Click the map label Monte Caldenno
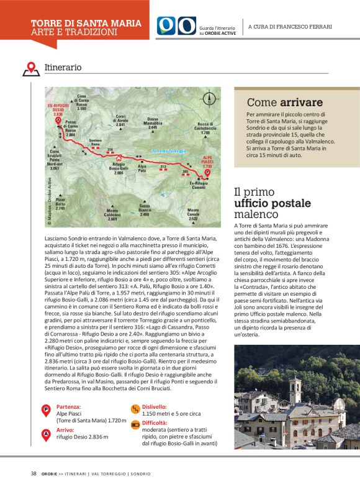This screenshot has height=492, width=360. pyautogui.click(x=112, y=215)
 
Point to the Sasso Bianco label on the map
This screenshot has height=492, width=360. pyautogui.click(x=145, y=210)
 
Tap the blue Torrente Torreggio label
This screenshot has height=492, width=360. pyautogui.click(x=169, y=152)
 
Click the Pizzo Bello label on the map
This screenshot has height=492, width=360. pyautogui.click(x=60, y=203)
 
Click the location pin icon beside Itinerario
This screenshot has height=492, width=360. pyautogui.click(x=30, y=68)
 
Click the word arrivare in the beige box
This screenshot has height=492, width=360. pyautogui.click(x=301, y=102)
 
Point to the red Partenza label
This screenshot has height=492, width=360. pyautogui.click(x=69, y=407)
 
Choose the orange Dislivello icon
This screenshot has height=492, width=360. pyautogui.click(x=134, y=408)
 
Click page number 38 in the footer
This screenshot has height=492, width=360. pyautogui.click(x=34, y=473)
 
